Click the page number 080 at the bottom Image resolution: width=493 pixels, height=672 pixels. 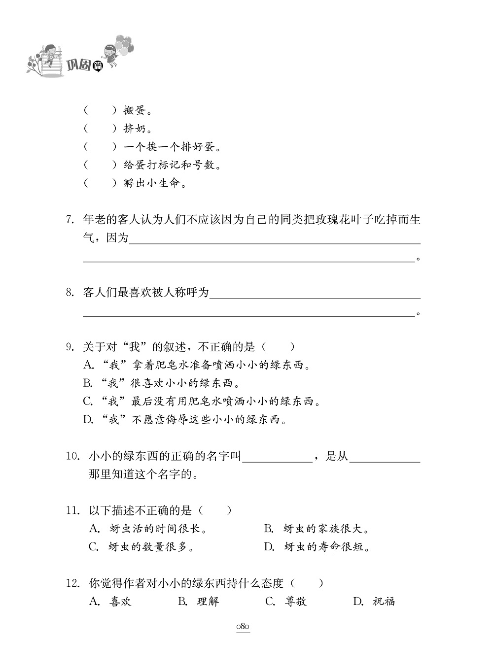[243, 627]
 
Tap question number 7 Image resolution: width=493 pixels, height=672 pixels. [70, 220]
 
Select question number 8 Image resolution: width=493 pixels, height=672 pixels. [70, 293]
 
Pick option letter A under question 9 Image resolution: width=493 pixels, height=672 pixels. [88, 366]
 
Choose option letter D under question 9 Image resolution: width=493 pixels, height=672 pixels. [88, 420]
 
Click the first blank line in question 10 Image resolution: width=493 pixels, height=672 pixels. [278, 457]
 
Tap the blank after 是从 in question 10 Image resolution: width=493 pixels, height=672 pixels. [385, 457]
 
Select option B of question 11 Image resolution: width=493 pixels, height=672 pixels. [269, 529]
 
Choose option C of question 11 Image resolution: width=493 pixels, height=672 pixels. [94, 547]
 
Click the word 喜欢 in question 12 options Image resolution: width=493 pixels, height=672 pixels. [120, 602]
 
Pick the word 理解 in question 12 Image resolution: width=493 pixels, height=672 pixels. [208, 602]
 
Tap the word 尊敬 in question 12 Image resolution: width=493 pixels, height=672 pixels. [296, 602]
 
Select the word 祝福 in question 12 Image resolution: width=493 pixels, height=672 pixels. [384, 602]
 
